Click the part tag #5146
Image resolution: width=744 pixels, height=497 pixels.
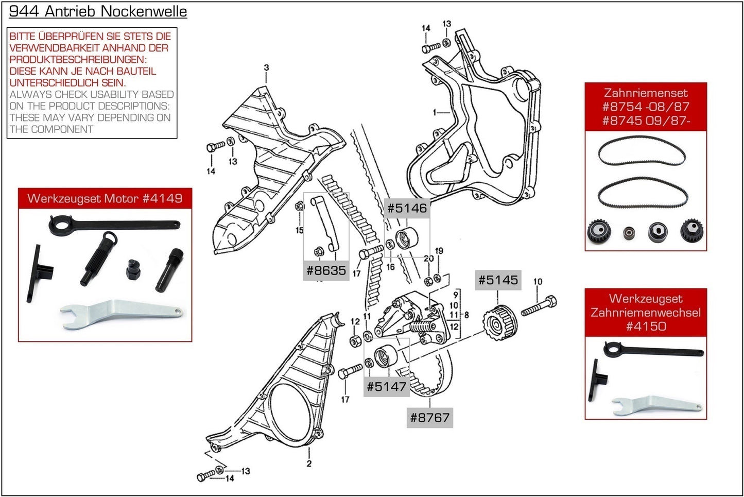pyautogui.click(x=407, y=209)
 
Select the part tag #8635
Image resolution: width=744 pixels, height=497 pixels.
pyautogui.click(x=326, y=270)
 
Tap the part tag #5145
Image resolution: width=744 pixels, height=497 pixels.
pyautogui.click(x=497, y=280)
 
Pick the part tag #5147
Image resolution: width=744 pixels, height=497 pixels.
pyautogui.click(x=386, y=386)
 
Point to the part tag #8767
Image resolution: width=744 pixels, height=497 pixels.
pyautogui.click(x=429, y=418)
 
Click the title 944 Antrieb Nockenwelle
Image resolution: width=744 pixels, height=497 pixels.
pyautogui.click(x=98, y=11)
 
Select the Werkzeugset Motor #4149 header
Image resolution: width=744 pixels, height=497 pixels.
pyautogui.click(x=105, y=198)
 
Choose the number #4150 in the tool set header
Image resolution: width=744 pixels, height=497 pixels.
pyautogui.click(x=646, y=326)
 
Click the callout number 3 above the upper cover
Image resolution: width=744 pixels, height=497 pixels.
pyautogui.click(x=266, y=67)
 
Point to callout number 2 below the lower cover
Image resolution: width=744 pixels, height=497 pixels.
pyautogui.click(x=309, y=464)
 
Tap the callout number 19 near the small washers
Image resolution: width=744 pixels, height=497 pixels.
pyautogui.click(x=439, y=251)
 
